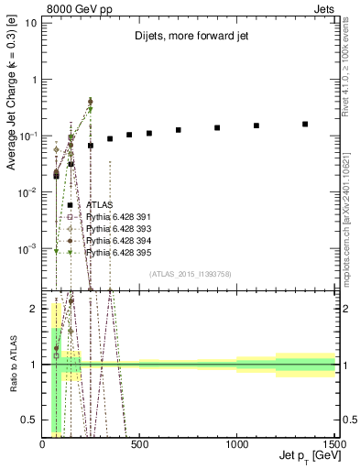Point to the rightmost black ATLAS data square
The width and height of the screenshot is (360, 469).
tap(305, 124)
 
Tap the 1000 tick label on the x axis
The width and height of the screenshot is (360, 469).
tap(236, 444)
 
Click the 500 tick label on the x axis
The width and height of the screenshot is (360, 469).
tap(139, 444)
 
